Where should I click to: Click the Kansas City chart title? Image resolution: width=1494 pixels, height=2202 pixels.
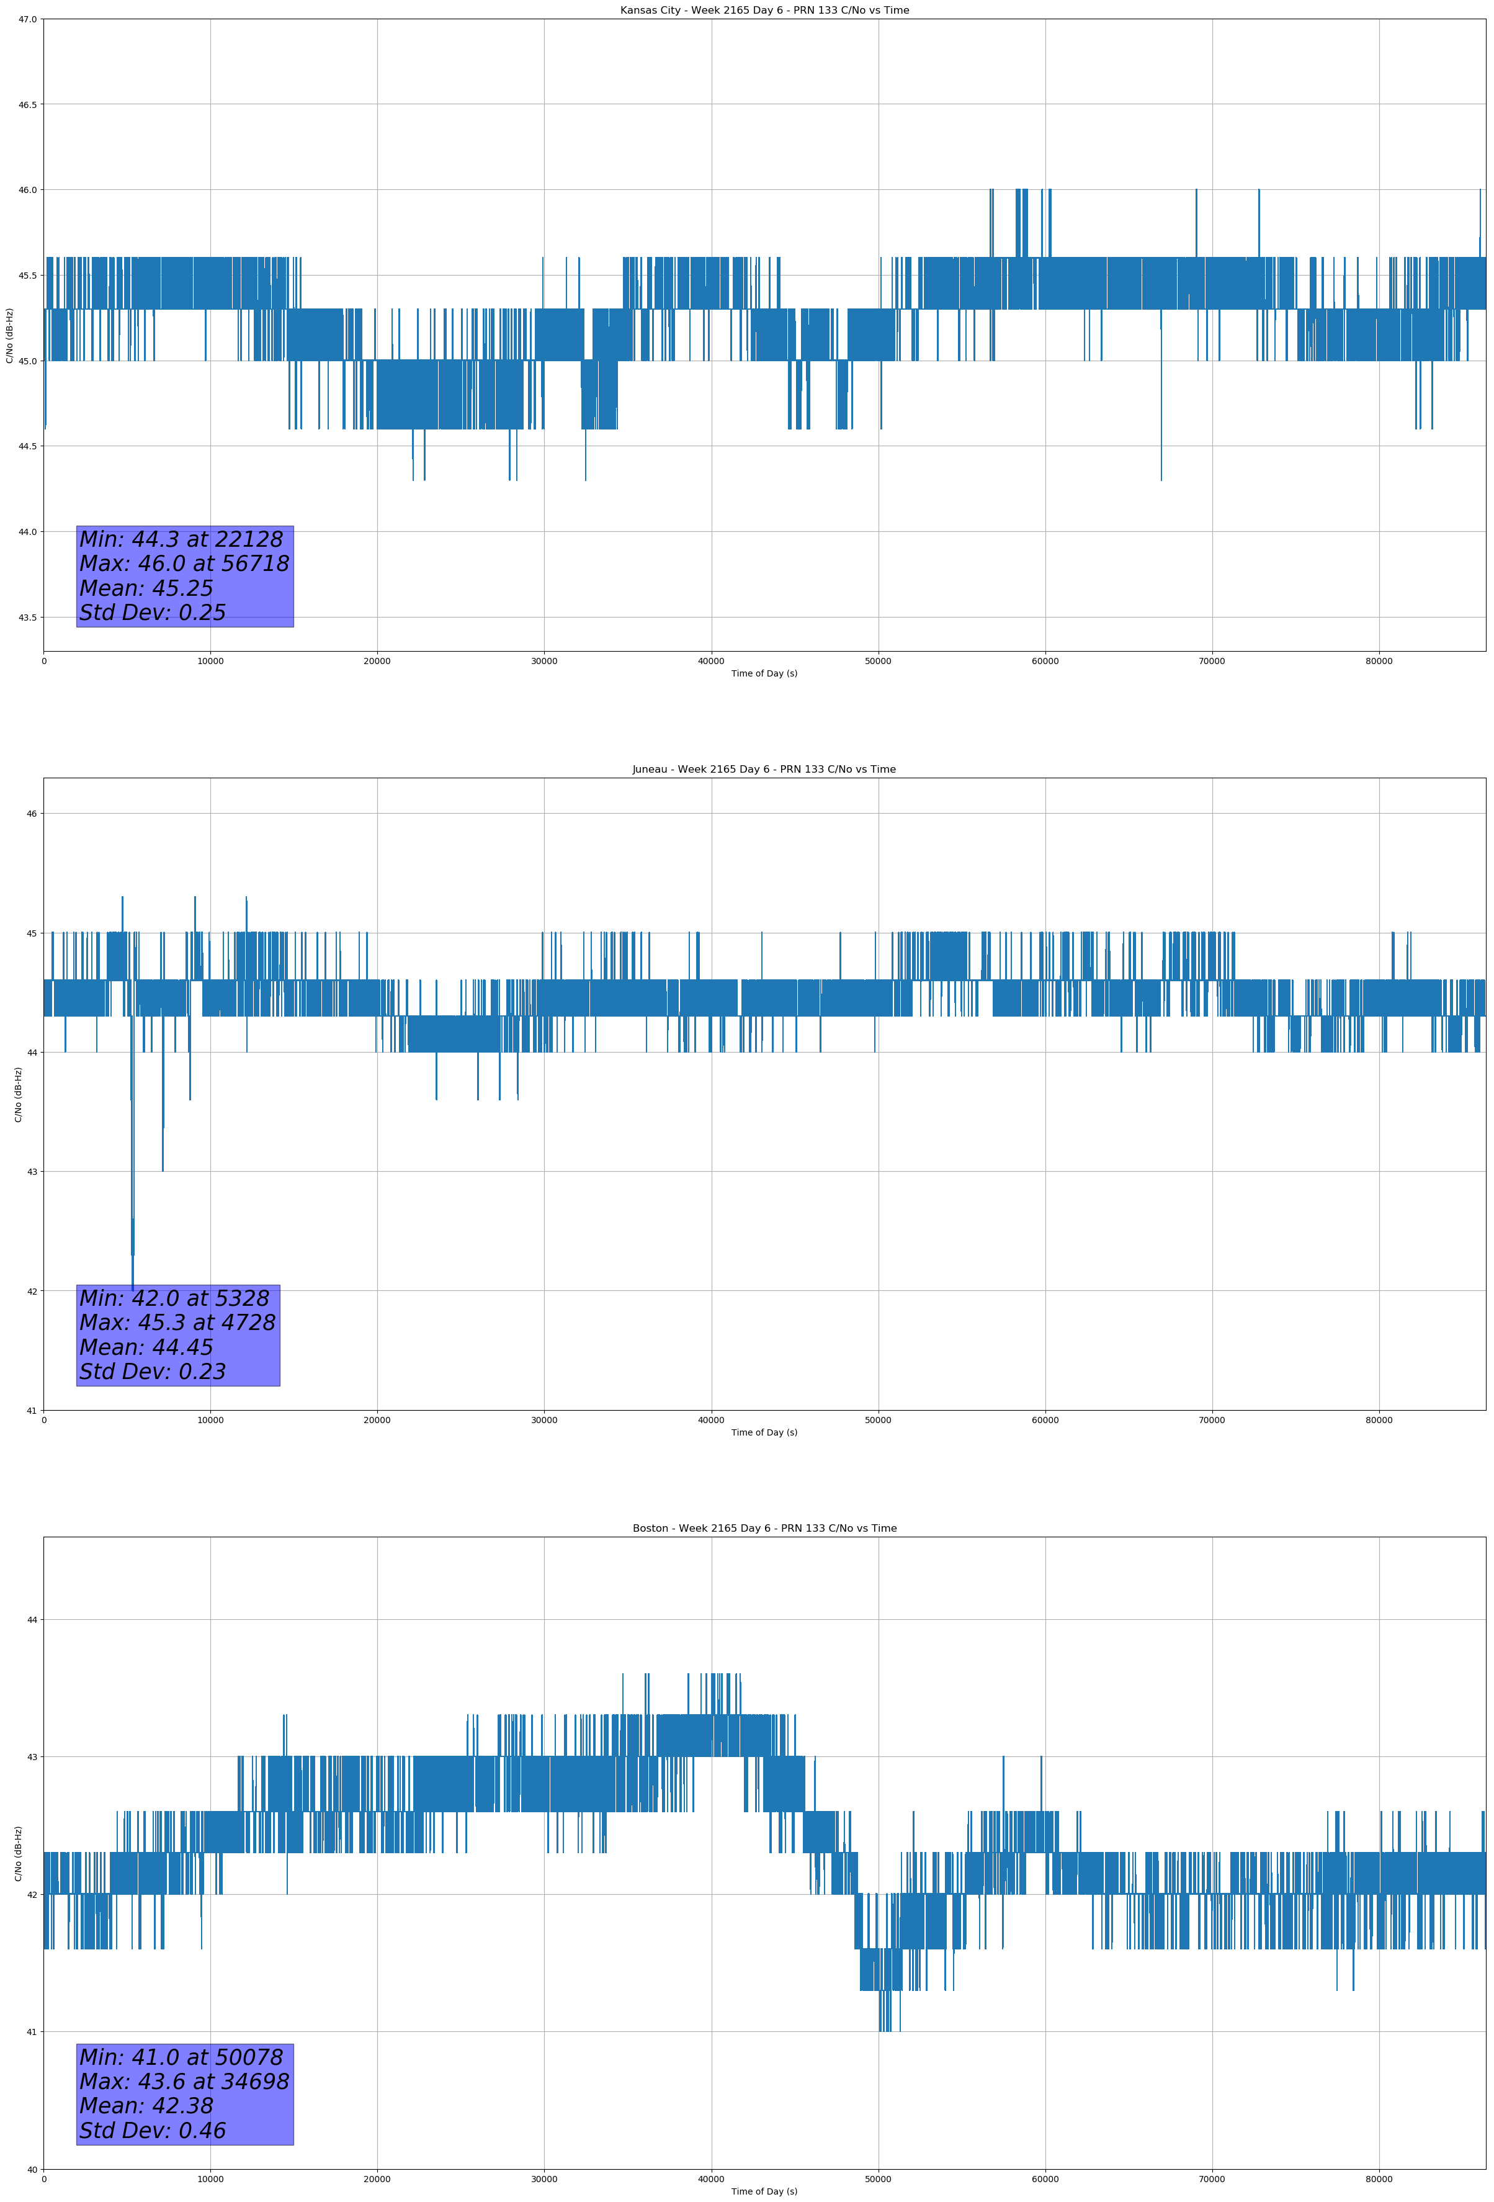[764, 11]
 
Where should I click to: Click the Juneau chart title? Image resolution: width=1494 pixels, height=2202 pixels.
[764, 770]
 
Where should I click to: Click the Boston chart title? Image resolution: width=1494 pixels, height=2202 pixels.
[764, 1529]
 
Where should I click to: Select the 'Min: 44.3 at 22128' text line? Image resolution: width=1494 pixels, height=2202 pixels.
[181, 539]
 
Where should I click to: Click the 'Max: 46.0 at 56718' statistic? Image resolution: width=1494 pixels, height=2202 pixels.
[184, 564]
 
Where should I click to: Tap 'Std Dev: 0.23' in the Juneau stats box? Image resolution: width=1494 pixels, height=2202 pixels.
[153, 1372]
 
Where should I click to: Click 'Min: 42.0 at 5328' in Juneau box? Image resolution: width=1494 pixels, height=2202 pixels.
[174, 1298]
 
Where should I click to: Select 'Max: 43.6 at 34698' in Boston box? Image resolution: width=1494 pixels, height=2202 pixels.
[184, 2082]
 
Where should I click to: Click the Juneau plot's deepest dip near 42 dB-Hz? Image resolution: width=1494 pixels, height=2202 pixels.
[133, 1288]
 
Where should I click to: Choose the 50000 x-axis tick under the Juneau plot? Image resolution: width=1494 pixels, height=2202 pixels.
[878, 1419]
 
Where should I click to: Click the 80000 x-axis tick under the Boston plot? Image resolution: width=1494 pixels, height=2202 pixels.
[1379, 2178]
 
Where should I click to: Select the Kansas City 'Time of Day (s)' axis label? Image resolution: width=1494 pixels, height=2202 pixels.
[764, 673]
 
